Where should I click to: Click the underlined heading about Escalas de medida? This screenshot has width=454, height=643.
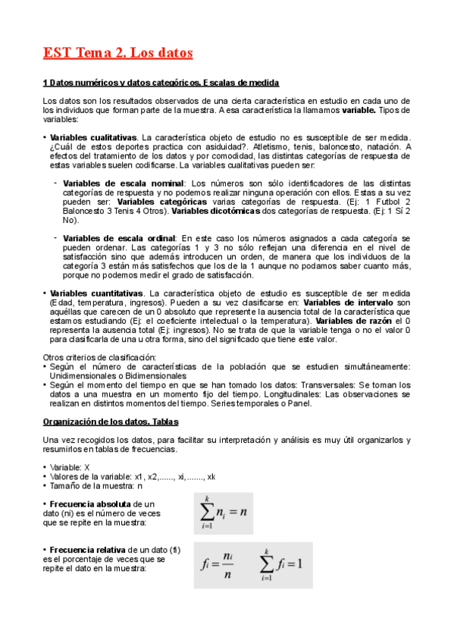pos(161,83)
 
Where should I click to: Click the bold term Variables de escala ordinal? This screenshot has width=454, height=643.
pos(119,238)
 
